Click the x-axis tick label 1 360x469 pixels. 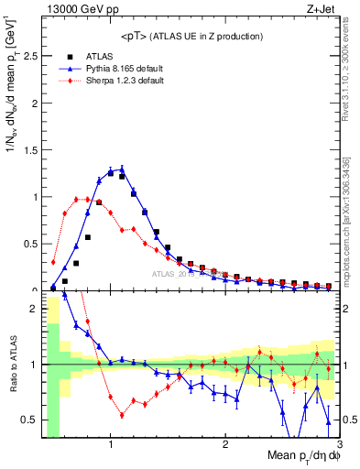coord(111,446)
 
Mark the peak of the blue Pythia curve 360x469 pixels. coord(122,168)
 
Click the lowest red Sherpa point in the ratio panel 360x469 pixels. coord(122,415)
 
